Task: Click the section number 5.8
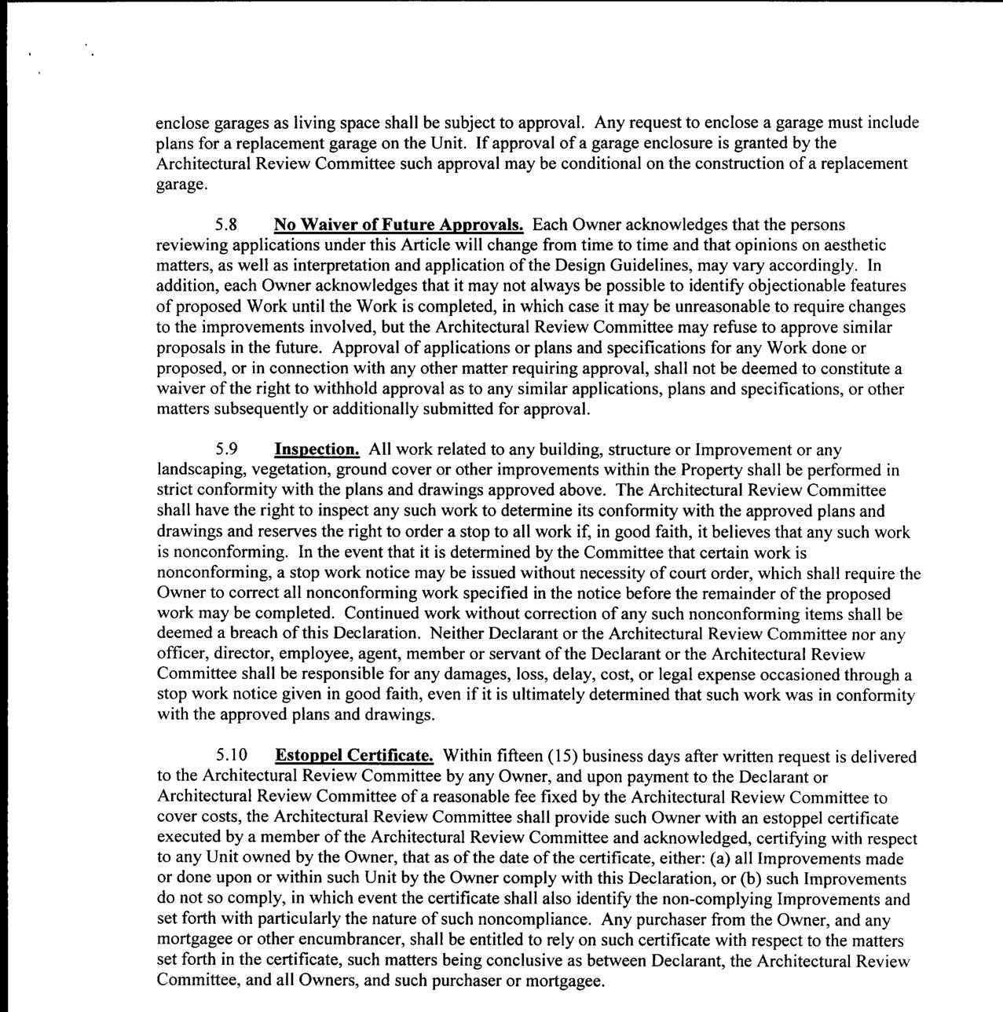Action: point(228,225)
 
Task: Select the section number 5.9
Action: point(228,450)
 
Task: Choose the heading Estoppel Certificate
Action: point(354,757)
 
